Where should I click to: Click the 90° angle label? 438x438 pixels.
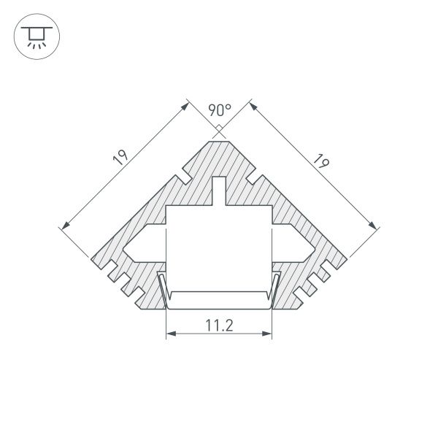point(219,110)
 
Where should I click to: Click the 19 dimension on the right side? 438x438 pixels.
point(319,159)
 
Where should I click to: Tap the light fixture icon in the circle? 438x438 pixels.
point(36,36)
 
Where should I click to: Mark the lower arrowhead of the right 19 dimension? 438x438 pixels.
point(375,226)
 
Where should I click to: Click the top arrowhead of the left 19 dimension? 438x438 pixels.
point(185,104)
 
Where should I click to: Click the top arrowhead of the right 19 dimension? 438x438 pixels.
point(253,104)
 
